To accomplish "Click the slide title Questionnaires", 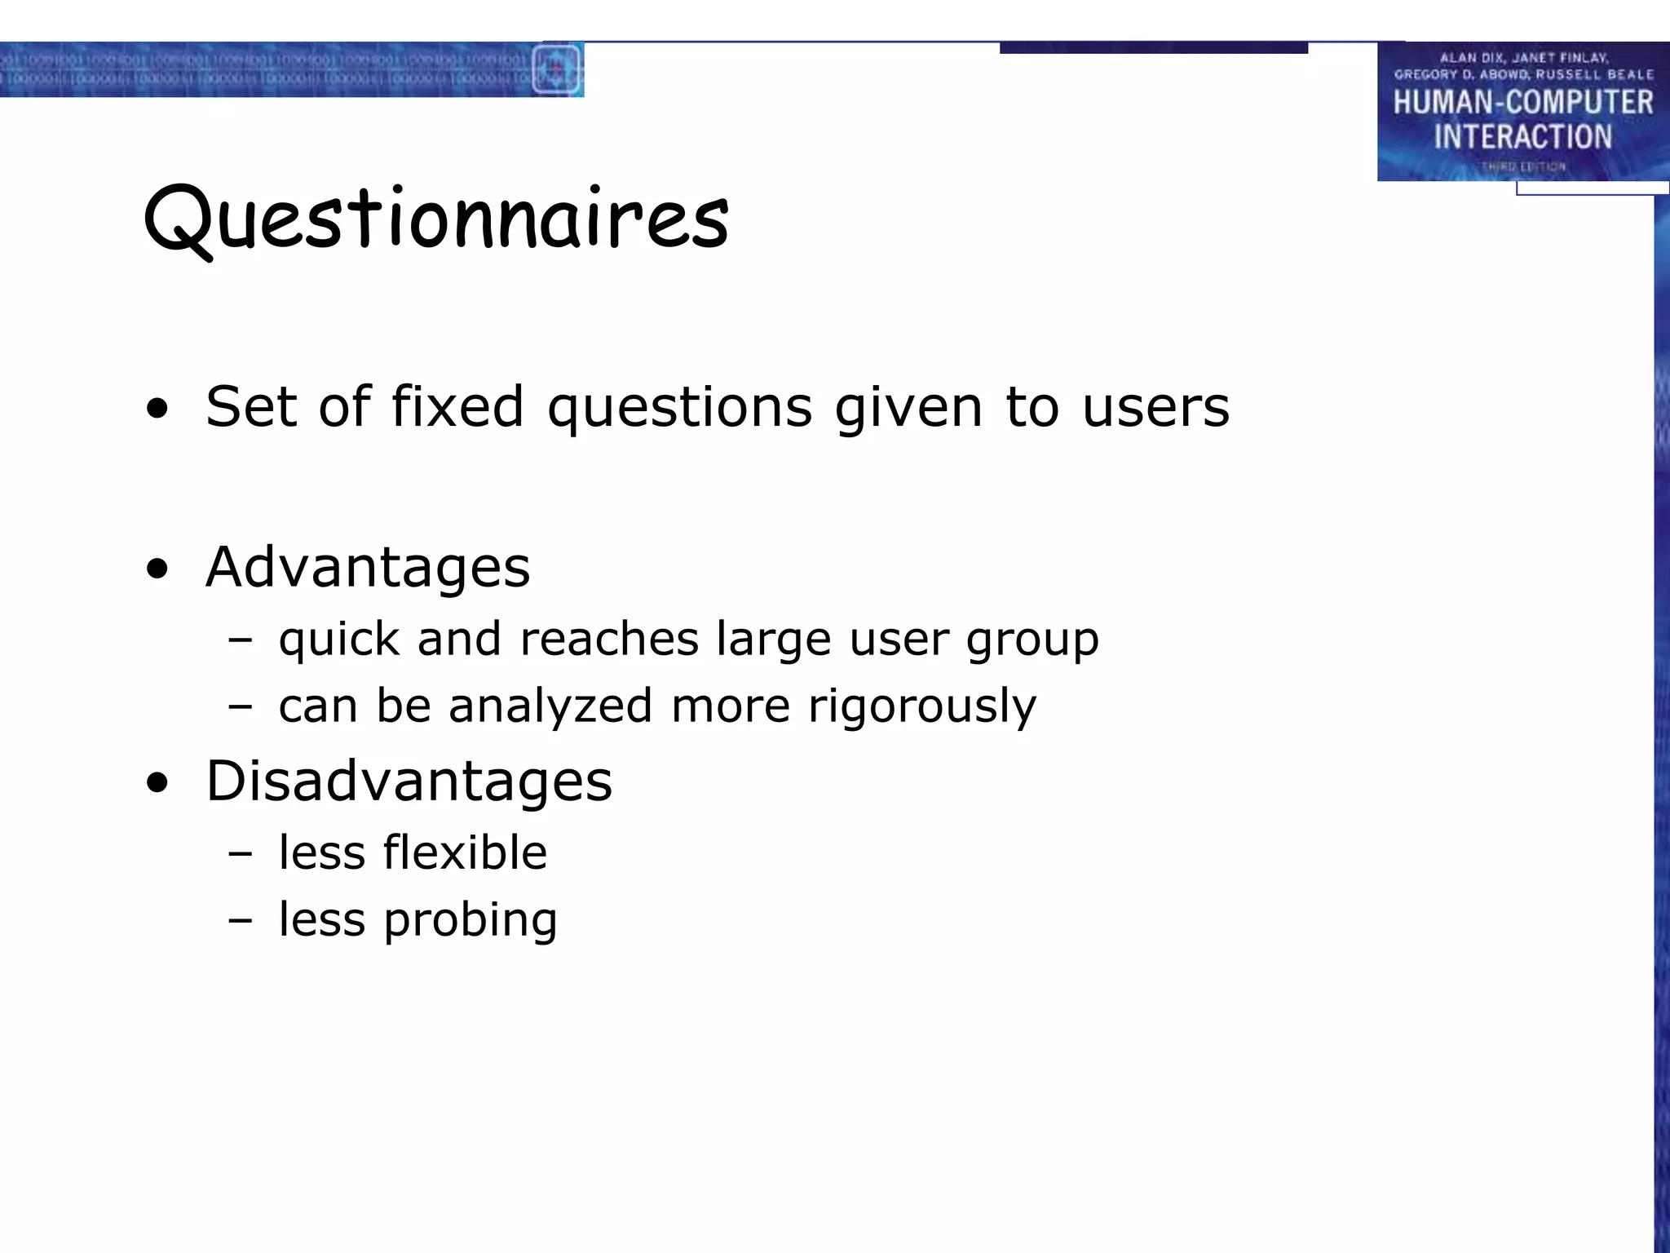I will pos(436,219).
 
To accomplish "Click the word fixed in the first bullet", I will pos(457,406).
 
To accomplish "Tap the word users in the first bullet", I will pos(1155,406).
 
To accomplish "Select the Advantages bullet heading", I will pos(368,567).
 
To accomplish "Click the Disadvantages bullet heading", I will pos(409,781).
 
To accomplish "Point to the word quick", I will pos(338,639).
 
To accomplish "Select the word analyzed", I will pos(550,706).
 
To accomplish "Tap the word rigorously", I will pos(922,706).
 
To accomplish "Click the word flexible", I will pos(465,852).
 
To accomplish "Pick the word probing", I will pos(471,920).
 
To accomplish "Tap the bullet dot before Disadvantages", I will pos(157,783).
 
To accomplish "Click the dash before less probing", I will pos(241,920).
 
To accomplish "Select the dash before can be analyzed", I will pos(241,706).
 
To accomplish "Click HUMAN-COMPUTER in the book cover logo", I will pos(1522,103).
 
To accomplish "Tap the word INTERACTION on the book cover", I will pos(1522,136).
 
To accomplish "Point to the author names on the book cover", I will pos(1522,65).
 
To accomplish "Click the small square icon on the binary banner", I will pos(556,69).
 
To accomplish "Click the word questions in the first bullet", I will pos(679,406).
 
